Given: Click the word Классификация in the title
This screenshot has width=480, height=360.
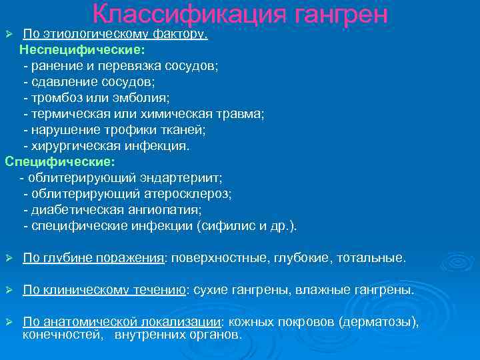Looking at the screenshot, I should [177, 15].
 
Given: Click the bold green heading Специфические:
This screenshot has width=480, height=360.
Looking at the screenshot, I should [60, 161].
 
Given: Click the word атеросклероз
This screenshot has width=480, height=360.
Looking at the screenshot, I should [188, 194].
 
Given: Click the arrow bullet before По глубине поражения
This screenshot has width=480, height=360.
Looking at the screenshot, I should [9, 258].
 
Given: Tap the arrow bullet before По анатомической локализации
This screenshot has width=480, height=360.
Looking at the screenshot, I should [9, 322].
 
